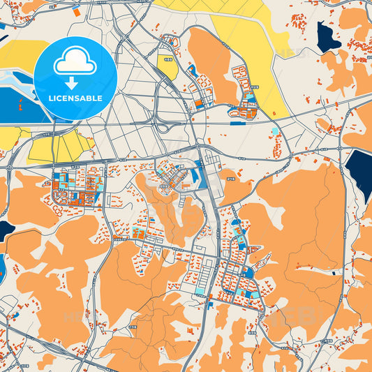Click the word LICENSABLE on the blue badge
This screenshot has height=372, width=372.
tap(75, 97)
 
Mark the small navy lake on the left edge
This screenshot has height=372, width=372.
tap(5, 230)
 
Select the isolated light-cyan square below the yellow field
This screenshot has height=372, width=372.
tap(276, 131)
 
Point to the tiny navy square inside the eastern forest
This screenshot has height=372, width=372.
tap(334, 272)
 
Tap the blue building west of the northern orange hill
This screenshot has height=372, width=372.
tap(192, 70)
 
